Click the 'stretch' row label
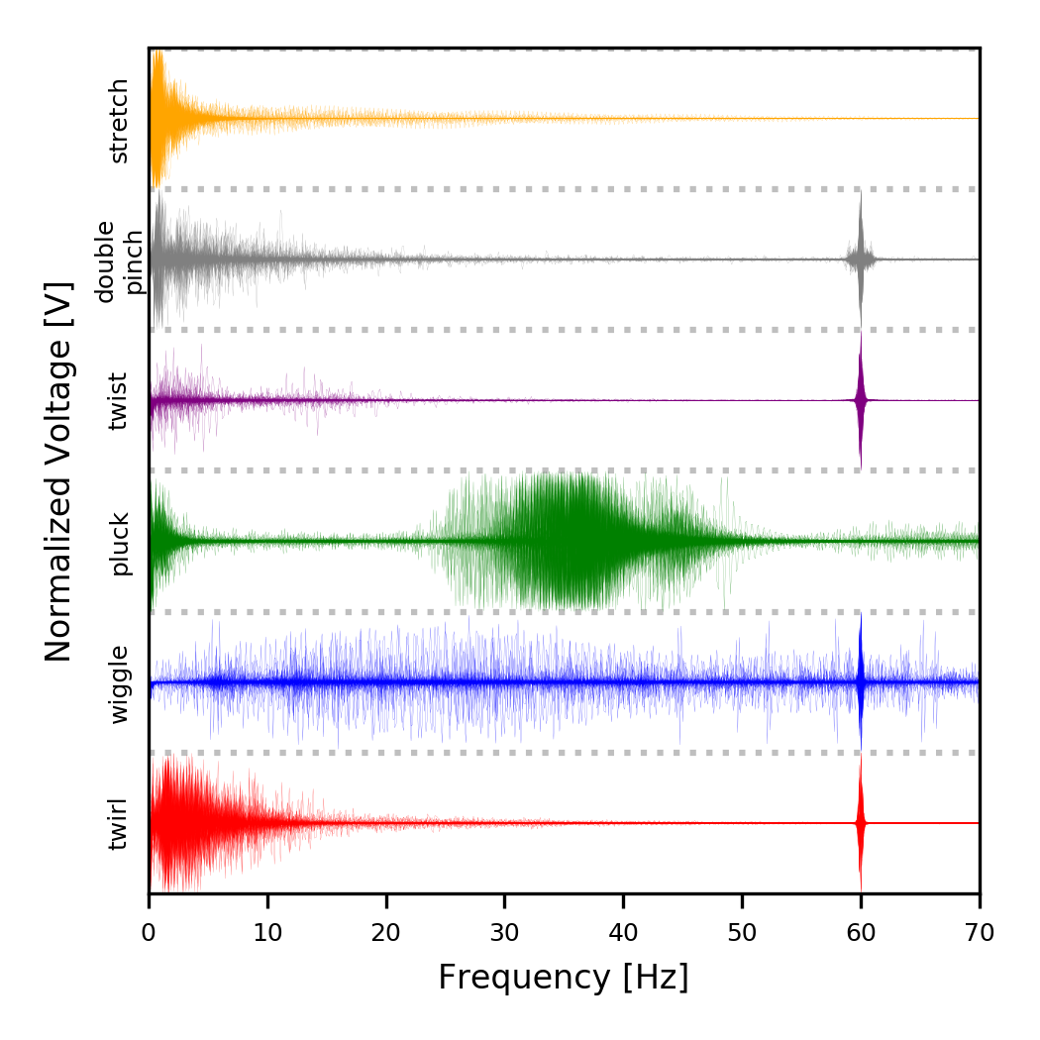(x=119, y=121)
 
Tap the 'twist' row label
(x=119, y=401)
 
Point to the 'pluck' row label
(x=119, y=543)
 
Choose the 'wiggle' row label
(x=119, y=683)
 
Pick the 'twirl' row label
(x=119, y=824)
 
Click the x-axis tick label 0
(x=149, y=931)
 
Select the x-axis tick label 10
(x=267, y=931)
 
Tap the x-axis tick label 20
(x=386, y=931)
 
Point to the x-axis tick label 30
(x=505, y=931)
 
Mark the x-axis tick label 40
(x=623, y=931)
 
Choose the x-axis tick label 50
(x=742, y=931)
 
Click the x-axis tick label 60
(x=861, y=931)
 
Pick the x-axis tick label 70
(x=980, y=931)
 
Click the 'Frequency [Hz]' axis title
(x=563, y=978)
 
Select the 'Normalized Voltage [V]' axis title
(x=59, y=471)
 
